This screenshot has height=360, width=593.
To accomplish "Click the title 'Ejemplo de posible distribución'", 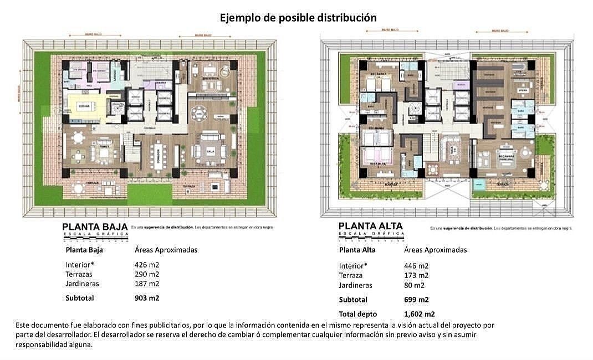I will [x=298, y=18].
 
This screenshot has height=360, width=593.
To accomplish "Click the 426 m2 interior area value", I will [x=146, y=265].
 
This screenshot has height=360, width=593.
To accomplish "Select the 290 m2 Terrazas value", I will [x=146, y=274].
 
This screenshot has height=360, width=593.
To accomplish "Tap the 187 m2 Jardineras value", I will [x=146, y=284].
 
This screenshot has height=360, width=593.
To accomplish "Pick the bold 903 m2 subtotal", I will [x=147, y=297].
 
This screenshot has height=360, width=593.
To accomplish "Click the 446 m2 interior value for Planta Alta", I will [x=416, y=265].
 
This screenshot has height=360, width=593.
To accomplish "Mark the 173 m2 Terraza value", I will [x=416, y=275].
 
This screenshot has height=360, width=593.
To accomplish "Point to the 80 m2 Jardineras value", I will [x=414, y=285].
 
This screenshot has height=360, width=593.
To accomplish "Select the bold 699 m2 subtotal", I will [x=416, y=300].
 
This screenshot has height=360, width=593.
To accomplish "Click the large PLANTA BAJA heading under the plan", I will [x=95, y=227].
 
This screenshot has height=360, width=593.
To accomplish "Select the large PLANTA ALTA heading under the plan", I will [x=370, y=226].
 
